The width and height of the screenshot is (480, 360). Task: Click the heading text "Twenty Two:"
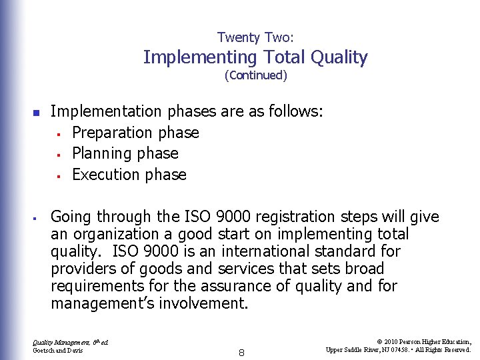coord(255,38)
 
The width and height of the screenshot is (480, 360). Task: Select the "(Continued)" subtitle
coord(256,75)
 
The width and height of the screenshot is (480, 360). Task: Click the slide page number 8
coord(241,353)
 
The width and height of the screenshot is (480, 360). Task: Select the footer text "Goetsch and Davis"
coord(57,350)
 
